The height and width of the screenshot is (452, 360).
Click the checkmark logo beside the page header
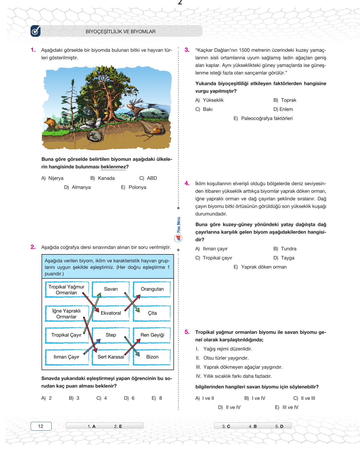point(35,31)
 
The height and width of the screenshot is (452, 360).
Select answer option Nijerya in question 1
point(56,178)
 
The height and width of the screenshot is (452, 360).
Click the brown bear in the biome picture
point(50,123)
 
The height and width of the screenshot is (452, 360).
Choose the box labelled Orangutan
point(152,289)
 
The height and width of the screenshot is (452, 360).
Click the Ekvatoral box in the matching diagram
point(111,313)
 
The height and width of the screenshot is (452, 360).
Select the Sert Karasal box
point(111,357)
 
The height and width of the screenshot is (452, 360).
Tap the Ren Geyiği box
point(152,335)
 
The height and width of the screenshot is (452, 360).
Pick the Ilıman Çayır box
point(66,357)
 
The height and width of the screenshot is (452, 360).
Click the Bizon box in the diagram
point(152,357)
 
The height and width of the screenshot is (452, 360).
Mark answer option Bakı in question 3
point(207,109)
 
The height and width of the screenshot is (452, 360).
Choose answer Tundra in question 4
point(288,249)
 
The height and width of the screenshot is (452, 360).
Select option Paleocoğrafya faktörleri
point(266,118)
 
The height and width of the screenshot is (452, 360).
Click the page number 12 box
point(41,426)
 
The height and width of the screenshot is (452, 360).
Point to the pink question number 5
point(187,332)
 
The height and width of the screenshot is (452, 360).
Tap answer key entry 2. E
point(118,426)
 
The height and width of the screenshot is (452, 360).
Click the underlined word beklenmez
point(113,167)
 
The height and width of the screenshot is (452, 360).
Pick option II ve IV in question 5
point(233,407)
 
